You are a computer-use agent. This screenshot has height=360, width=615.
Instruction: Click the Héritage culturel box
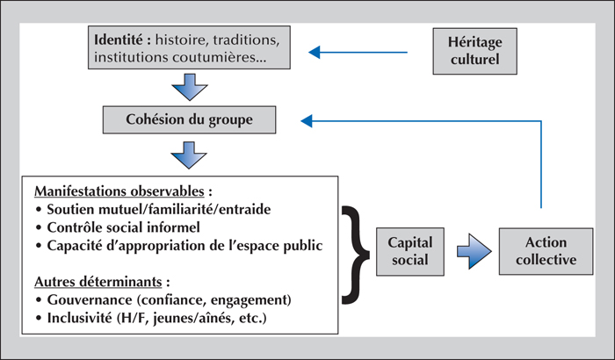(474, 51)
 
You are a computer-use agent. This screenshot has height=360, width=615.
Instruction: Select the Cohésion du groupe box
(189, 119)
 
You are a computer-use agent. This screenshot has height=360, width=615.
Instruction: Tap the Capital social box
(410, 251)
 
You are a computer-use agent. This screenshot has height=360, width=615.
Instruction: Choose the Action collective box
(546, 251)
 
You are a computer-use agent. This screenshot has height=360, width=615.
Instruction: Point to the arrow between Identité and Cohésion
(190, 87)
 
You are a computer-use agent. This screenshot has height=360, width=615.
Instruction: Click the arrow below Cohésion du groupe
(189, 155)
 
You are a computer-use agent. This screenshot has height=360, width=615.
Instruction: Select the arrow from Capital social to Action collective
(474, 251)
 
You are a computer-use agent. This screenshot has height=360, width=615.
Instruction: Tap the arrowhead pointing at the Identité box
(315, 52)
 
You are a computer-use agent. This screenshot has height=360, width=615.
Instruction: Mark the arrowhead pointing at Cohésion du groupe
(307, 121)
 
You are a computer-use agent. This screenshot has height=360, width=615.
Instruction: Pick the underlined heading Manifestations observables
(119, 191)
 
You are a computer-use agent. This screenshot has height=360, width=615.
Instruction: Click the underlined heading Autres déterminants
(98, 282)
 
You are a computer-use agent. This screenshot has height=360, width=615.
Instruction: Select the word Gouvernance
(90, 300)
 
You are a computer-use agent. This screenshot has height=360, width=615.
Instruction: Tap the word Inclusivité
(79, 318)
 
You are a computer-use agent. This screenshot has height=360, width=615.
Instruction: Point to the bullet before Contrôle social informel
(39, 227)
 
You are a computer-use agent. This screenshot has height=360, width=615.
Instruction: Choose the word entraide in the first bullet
(245, 209)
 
